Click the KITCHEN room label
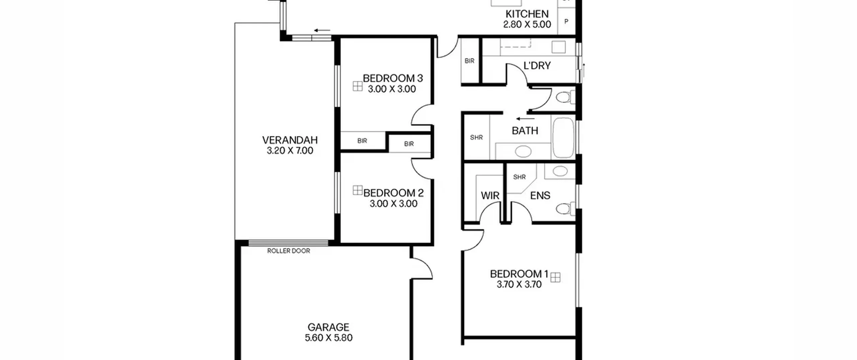(x=527, y=14)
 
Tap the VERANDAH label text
(x=290, y=140)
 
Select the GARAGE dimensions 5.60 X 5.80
(x=328, y=338)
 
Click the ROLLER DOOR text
(x=289, y=251)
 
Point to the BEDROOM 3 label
(x=393, y=78)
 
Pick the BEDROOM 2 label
(x=393, y=193)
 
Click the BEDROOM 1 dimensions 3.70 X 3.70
(x=519, y=285)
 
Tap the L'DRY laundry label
(x=537, y=66)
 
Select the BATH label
(x=525, y=131)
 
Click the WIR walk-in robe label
(x=490, y=196)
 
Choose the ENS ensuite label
(x=540, y=196)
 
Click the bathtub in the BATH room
(x=563, y=137)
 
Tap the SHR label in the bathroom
(x=476, y=137)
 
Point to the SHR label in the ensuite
(x=519, y=177)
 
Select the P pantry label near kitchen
(x=566, y=21)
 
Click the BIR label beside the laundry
(x=469, y=61)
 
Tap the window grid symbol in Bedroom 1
(x=556, y=277)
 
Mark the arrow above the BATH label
(x=526, y=119)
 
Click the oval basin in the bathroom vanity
(x=523, y=151)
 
